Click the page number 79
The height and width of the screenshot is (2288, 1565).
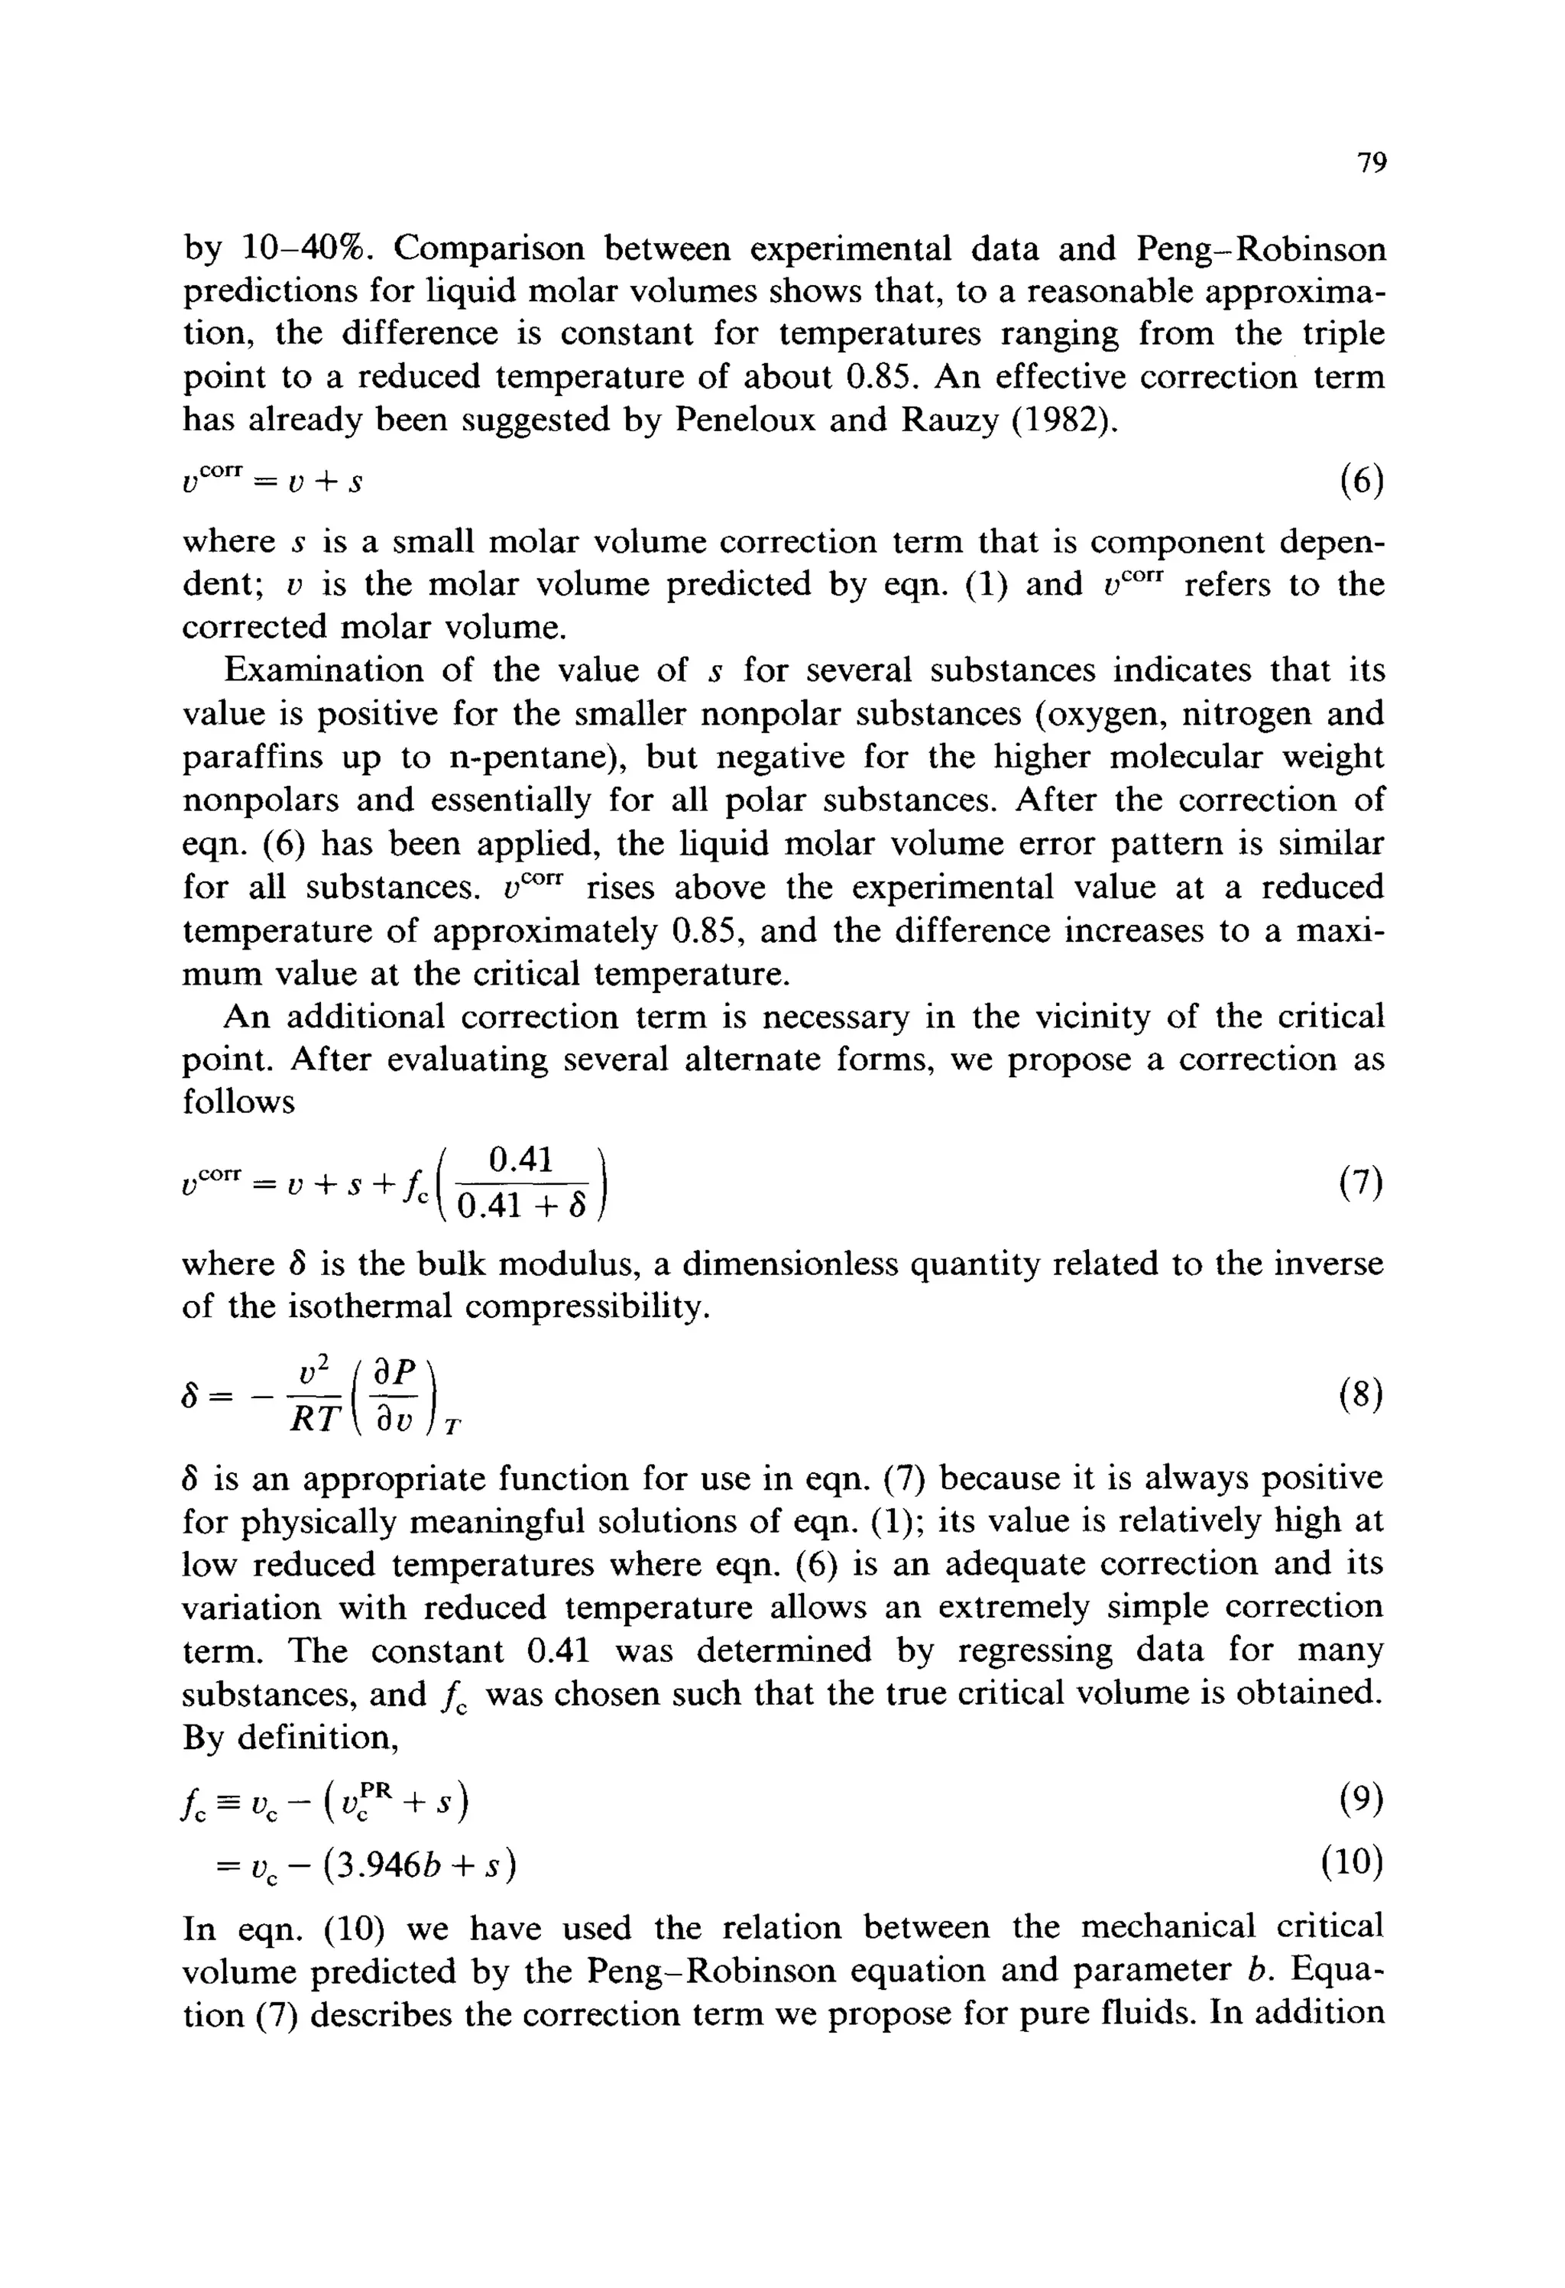tap(1371, 164)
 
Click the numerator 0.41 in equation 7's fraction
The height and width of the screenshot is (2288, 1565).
tap(520, 1159)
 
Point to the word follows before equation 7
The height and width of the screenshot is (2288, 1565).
tap(238, 1102)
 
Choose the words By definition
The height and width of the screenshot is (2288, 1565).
tap(290, 1738)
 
